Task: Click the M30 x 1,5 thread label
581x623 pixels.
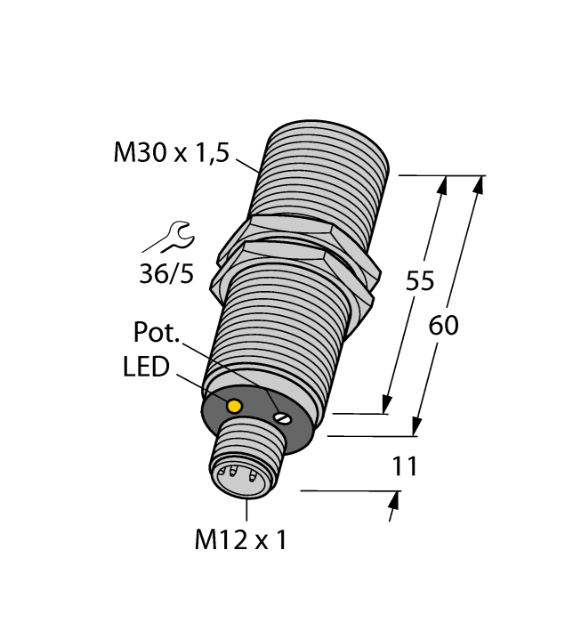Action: (171, 153)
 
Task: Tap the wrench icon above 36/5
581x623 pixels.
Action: (169, 238)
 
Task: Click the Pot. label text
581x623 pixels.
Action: (157, 335)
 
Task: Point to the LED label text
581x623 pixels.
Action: (146, 367)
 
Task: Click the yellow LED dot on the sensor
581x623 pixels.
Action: (235, 407)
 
